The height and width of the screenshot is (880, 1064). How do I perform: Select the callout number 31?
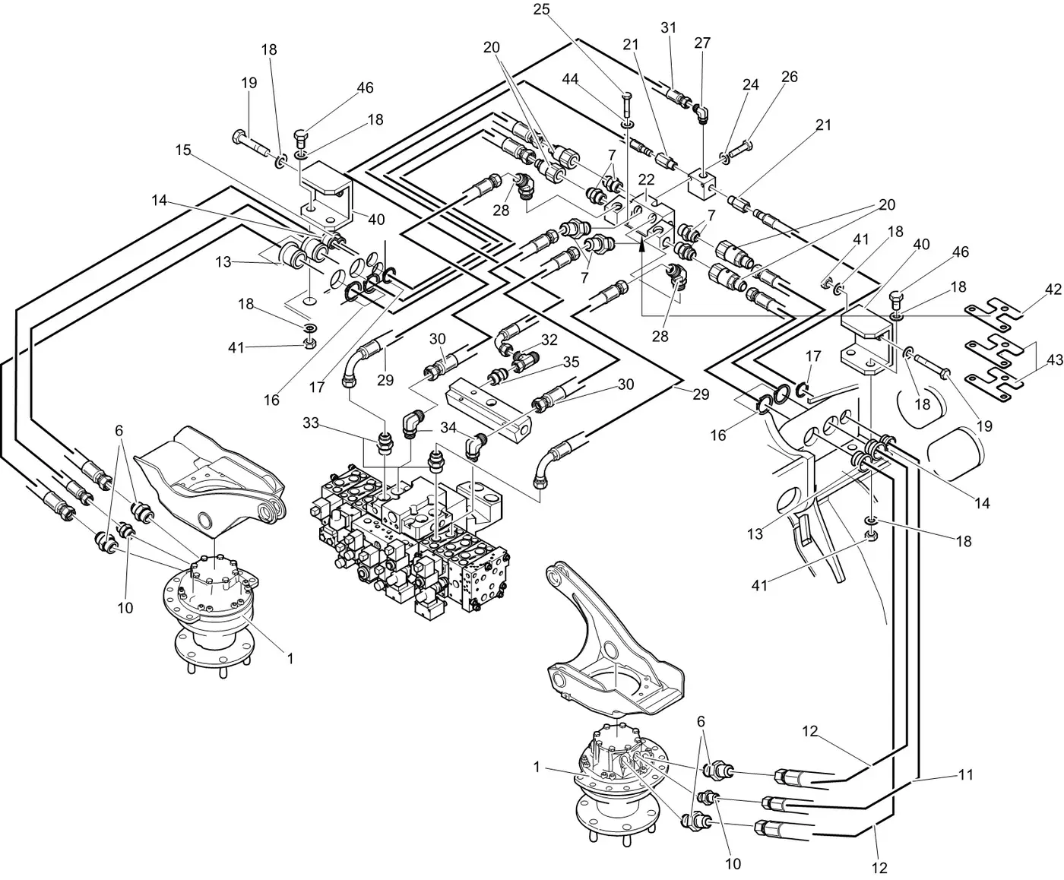coord(668,27)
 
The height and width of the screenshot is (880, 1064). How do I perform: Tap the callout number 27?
coord(702,43)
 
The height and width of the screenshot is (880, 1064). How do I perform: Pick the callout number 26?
coord(790,77)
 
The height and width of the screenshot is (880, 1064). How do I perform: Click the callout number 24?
coord(751,85)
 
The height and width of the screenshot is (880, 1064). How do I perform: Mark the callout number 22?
coord(646,180)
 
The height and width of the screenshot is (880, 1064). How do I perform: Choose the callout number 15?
coord(183,150)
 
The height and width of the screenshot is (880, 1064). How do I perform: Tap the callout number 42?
coord(1053,290)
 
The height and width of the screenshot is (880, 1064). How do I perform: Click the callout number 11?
coord(965,776)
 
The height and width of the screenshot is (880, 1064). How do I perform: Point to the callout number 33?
coord(311,422)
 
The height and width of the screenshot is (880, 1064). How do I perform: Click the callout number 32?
coord(549,340)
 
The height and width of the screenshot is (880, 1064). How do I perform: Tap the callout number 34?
coord(448,427)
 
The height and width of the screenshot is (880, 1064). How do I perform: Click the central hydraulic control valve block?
coord(410,532)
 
